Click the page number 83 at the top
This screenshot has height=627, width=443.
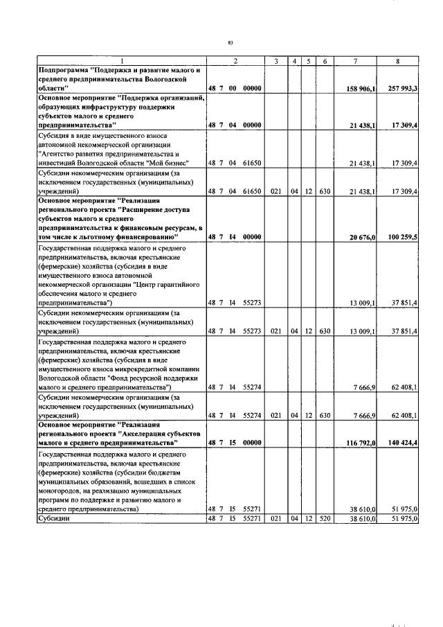tap(230, 43)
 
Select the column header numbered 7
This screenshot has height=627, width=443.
tap(354, 62)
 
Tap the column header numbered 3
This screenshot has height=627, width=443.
tap(275, 62)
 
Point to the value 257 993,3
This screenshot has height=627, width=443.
tap(403, 88)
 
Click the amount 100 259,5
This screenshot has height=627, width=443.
tap(403, 237)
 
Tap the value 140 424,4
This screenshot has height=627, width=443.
tap(403, 441)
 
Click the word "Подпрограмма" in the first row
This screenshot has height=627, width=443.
tap(64, 71)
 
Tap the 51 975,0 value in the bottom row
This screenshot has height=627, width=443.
tap(404, 518)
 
